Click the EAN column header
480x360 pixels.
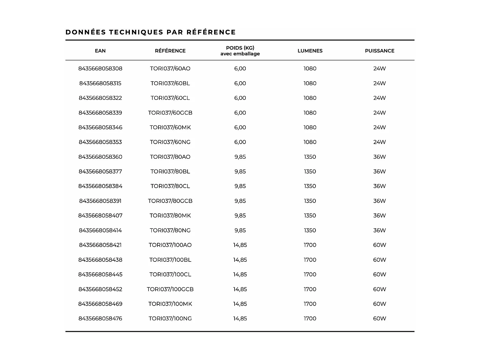click(x=100, y=51)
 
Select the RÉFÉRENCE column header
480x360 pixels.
click(x=170, y=51)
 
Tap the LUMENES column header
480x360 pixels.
click(x=310, y=51)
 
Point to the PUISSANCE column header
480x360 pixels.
click(x=380, y=51)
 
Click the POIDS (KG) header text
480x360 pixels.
click(x=240, y=48)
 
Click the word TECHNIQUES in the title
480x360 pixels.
click(x=136, y=32)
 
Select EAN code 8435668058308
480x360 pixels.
click(x=100, y=68)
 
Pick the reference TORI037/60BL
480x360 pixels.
click(x=170, y=83)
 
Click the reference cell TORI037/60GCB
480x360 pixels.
click(x=170, y=113)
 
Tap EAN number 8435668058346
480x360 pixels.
click(x=100, y=127)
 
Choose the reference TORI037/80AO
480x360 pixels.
click(x=170, y=157)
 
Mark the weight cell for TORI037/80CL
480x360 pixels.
click(x=240, y=186)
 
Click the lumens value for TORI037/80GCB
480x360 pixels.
click(x=310, y=201)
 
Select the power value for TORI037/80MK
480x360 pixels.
click(x=380, y=216)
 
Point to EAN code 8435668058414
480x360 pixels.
click(x=100, y=230)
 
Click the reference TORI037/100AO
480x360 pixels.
click(x=170, y=245)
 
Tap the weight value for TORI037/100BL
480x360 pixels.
click(x=240, y=260)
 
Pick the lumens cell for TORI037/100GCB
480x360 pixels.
click(x=310, y=289)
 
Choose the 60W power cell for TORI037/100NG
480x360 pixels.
click(x=380, y=318)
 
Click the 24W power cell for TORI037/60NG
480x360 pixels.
click(x=380, y=142)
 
